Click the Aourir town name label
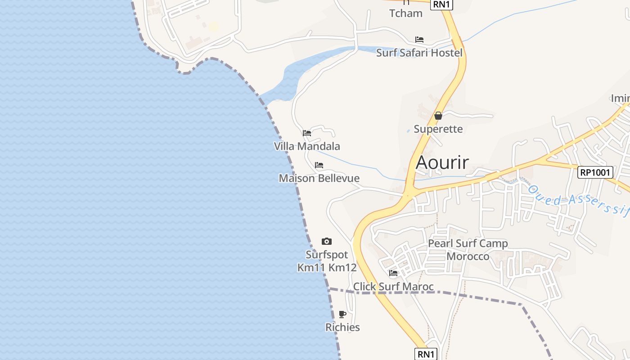point(442,162)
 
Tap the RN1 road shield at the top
point(441,4)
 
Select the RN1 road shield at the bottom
point(426,354)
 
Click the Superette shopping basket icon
point(438,116)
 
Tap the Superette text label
point(438,129)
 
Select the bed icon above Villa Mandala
point(307,133)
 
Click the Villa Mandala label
point(307,146)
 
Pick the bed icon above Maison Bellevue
point(319,165)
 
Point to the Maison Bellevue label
point(319,178)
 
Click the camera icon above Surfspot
point(327,242)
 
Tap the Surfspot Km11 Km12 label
point(327,261)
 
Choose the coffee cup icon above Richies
point(342,314)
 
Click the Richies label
point(342,327)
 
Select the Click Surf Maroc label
point(393,287)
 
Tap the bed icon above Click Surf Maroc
point(393,273)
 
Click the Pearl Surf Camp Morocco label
point(468,250)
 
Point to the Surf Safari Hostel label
point(419,53)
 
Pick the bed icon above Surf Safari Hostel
point(419,40)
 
